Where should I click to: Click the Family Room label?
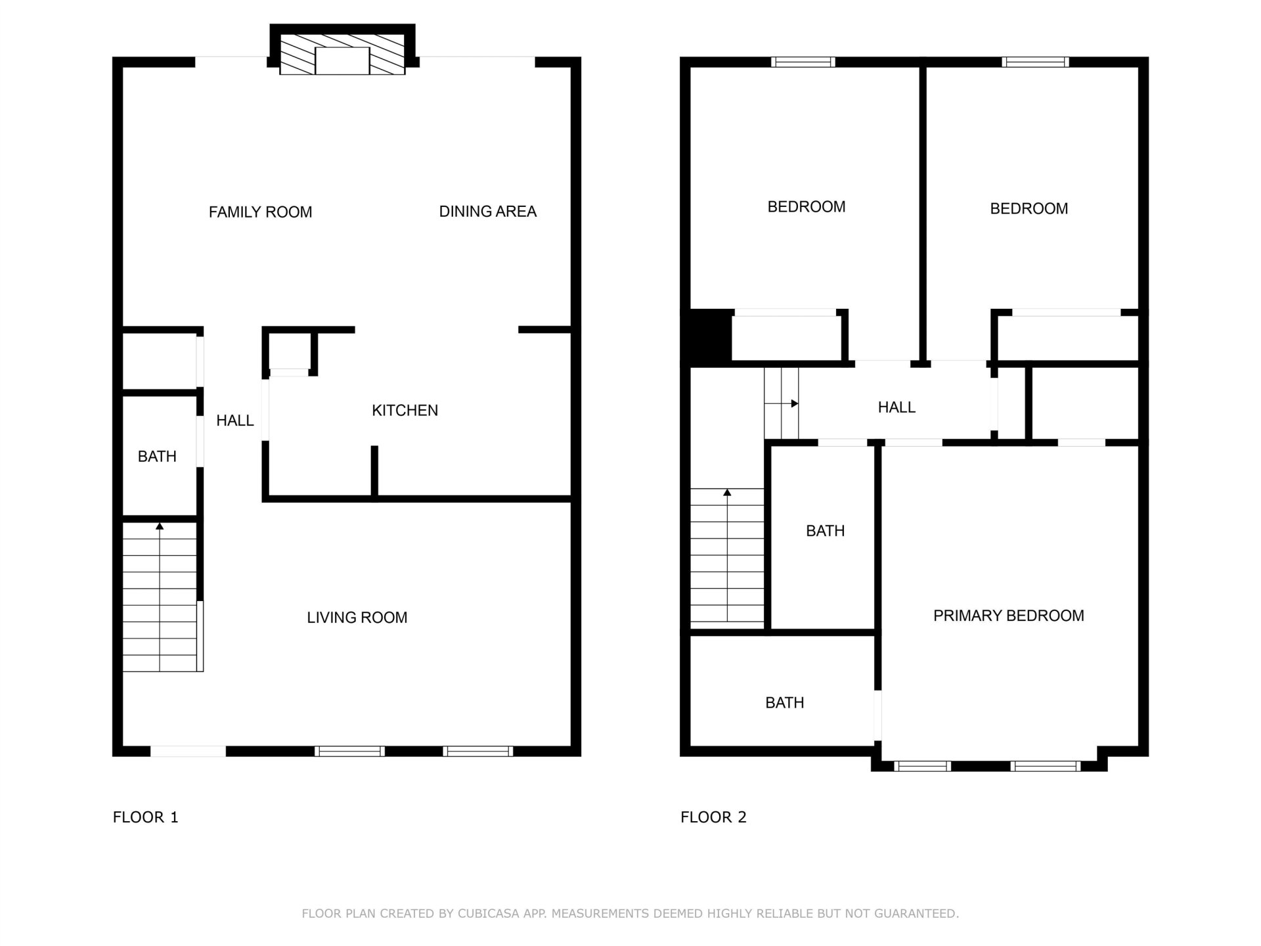coord(260,212)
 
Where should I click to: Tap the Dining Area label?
coord(488,212)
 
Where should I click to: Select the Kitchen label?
coord(405,411)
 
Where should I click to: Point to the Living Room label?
coord(357,618)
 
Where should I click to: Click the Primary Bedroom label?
coord(1009,616)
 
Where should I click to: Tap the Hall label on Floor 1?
coord(235,420)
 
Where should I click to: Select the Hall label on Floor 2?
coord(896,407)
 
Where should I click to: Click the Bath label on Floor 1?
coord(157,457)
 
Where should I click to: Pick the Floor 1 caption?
coord(146,817)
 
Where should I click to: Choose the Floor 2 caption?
coord(713,817)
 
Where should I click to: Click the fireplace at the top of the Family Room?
coord(342,50)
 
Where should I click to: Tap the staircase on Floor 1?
coord(160,597)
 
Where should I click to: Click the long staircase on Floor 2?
coord(727,555)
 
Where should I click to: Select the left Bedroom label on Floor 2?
coord(807,207)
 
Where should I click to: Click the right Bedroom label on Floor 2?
coord(1029,209)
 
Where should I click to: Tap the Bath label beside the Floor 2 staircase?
coord(826,531)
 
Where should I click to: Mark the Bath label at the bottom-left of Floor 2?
coord(785,703)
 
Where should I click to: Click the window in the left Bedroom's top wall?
coord(803,62)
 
